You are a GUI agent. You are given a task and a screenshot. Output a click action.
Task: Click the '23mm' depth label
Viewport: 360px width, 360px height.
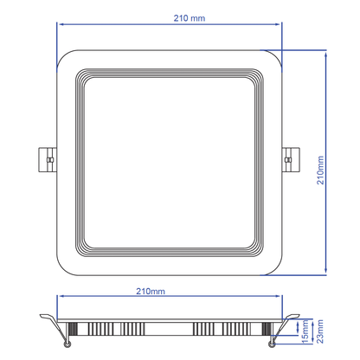point(319,330)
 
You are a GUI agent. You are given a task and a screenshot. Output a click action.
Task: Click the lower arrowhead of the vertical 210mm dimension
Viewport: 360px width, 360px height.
point(325,269)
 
